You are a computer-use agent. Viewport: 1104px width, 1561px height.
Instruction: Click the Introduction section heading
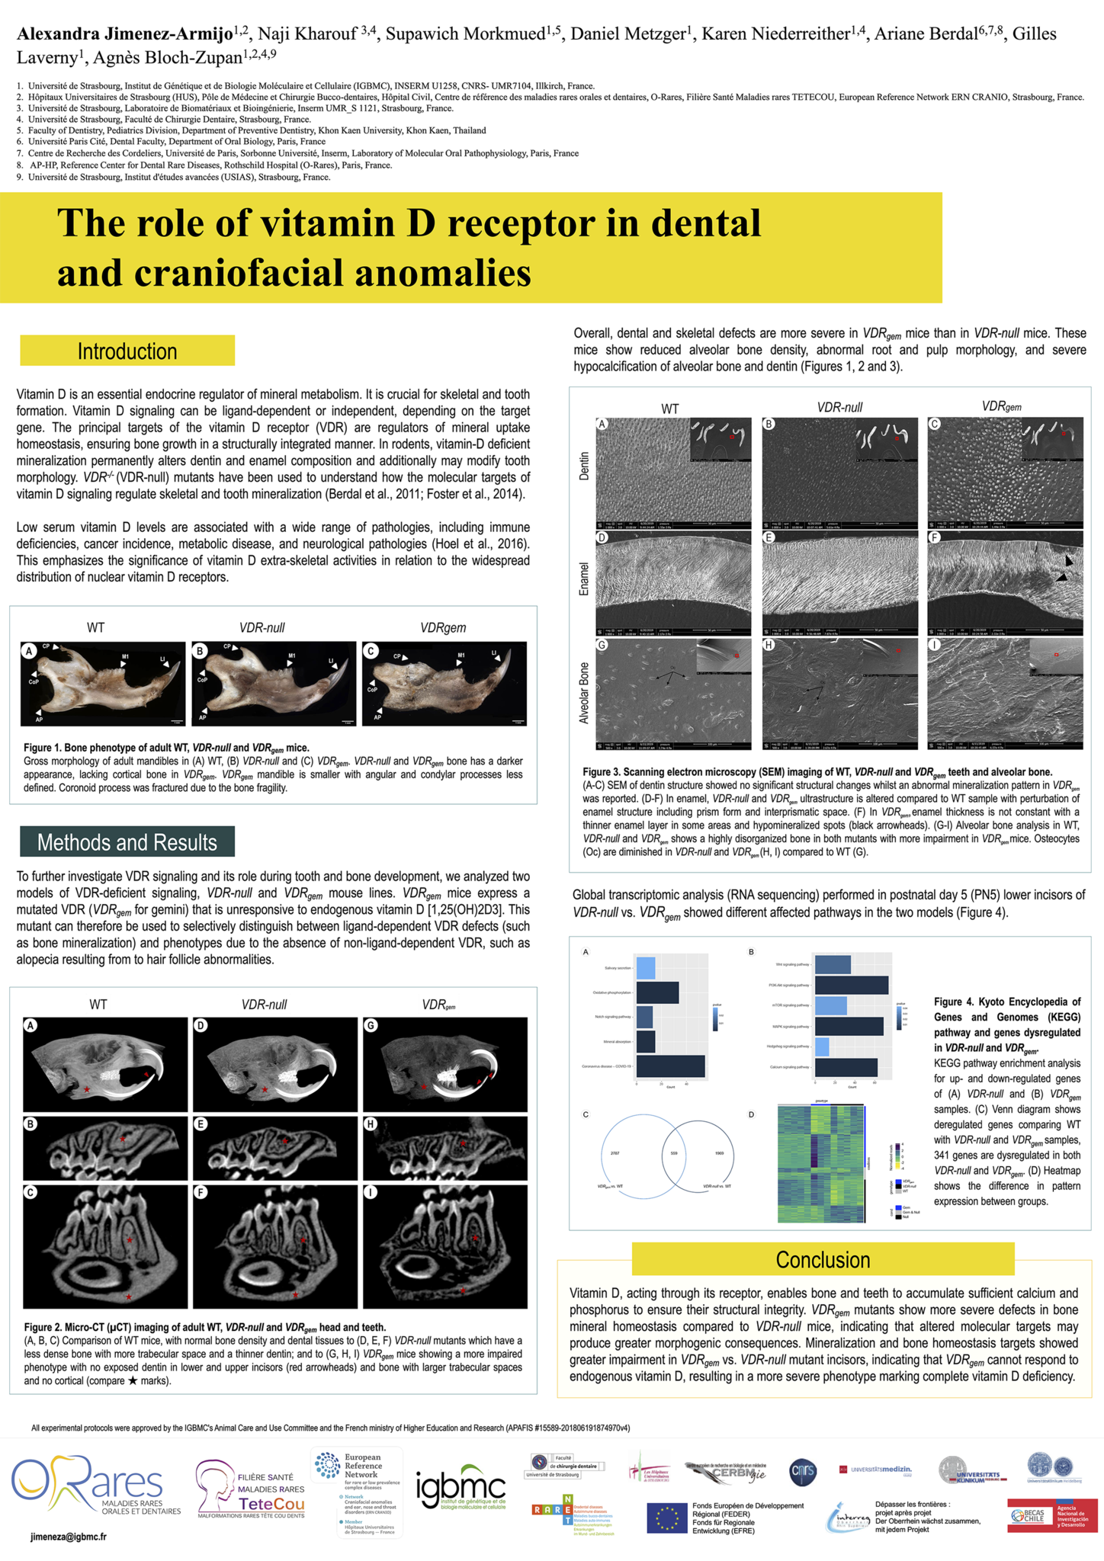(x=127, y=351)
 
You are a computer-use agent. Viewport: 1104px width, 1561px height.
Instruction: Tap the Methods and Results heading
(x=127, y=842)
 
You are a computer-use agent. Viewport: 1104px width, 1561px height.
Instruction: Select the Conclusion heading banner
(x=823, y=1260)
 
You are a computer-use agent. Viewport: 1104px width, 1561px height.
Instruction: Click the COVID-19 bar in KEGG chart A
(x=670, y=1066)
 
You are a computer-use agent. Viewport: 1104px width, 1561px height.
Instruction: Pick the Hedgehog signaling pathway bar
(x=822, y=1047)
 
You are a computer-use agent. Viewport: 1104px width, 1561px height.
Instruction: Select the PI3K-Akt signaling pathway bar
(x=851, y=986)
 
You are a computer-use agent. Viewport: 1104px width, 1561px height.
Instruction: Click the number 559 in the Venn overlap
(x=673, y=1153)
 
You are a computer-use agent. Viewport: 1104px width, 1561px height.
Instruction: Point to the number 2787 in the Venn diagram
(x=615, y=1153)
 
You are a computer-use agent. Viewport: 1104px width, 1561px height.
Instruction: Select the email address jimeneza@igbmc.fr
(x=69, y=1537)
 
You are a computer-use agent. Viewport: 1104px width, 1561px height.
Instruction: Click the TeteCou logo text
(x=271, y=1504)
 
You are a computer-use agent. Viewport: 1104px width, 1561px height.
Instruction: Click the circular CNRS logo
(x=803, y=1472)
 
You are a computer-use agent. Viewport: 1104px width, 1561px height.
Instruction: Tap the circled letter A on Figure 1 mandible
(x=30, y=651)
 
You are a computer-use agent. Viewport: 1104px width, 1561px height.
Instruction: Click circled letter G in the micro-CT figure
(x=371, y=1026)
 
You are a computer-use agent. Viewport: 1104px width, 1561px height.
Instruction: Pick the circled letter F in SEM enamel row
(x=935, y=538)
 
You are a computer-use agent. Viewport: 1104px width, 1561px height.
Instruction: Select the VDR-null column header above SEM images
(x=839, y=408)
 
